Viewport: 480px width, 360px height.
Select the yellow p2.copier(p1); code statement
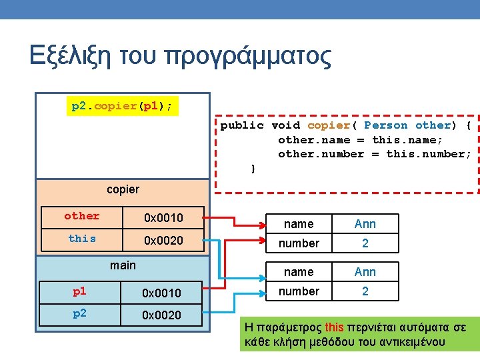(122, 106)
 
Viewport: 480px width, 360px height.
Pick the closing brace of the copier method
(253, 169)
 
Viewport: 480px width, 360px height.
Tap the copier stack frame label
(123, 189)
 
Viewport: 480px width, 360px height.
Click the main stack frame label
(123, 265)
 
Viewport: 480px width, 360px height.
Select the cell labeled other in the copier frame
(81, 216)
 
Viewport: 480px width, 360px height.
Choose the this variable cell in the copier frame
(81, 239)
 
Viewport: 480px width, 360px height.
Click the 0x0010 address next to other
(163, 217)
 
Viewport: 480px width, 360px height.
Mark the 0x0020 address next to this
(163, 240)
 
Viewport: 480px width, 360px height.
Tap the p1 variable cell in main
(79, 291)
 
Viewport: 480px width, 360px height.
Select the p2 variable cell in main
(79, 314)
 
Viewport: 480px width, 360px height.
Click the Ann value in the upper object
(365, 224)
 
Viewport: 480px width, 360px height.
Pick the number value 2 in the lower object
(365, 291)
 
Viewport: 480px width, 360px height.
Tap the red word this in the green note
(334, 327)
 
